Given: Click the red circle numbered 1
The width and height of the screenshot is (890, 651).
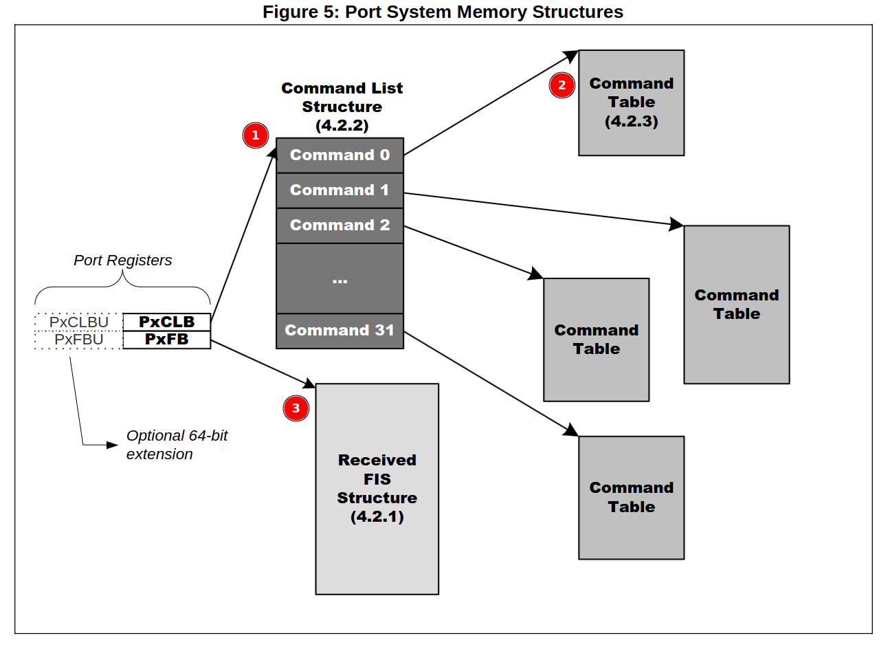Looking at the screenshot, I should [256, 135].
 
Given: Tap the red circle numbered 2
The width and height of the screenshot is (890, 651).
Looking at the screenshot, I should [562, 85].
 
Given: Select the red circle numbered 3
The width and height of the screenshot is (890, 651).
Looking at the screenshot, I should [296, 408].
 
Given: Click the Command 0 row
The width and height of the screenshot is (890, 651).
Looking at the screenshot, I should [340, 155].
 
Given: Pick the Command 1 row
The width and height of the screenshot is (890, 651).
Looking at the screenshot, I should [340, 190].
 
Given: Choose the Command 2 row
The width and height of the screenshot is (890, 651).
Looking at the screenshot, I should [340, 225].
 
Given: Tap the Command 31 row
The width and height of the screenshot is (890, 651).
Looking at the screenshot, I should [340, 331].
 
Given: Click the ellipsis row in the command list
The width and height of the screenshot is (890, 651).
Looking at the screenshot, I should [340, 278].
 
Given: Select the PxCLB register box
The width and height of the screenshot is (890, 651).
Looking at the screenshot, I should [166, 322].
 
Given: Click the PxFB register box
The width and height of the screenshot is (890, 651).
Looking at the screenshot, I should [166, 340].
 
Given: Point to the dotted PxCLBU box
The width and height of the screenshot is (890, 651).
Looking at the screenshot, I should [78, 322].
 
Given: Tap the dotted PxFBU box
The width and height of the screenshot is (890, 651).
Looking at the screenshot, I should [78, 340].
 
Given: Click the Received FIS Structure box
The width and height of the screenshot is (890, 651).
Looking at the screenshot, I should [377, 489].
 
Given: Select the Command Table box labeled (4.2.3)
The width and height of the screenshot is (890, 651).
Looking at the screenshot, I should [631, 102].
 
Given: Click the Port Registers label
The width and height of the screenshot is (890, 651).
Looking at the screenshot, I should [122, 261].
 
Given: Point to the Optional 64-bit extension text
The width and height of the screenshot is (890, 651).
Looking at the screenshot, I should [176, 445].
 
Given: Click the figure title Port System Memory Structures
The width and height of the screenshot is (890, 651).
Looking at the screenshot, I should [443, 12].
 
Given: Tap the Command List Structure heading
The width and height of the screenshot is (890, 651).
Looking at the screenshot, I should [342, 107].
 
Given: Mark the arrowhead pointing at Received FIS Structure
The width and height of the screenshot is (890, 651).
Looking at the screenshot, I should [310, 384].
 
